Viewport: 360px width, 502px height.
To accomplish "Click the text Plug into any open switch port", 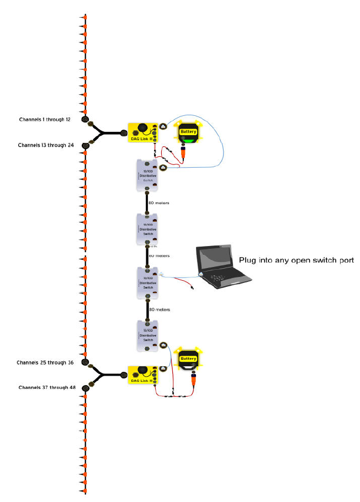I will (295, 260).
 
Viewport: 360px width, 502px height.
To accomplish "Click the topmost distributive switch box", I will (147, 175).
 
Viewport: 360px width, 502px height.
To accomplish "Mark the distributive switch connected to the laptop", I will (147, 282).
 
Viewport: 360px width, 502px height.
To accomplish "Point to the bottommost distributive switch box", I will (147, 335).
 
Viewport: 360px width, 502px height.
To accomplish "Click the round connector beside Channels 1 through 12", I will (85, 119).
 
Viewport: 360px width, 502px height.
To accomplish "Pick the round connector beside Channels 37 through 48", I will (86, 388).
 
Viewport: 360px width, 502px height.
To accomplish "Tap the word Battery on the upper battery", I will (188, 132).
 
